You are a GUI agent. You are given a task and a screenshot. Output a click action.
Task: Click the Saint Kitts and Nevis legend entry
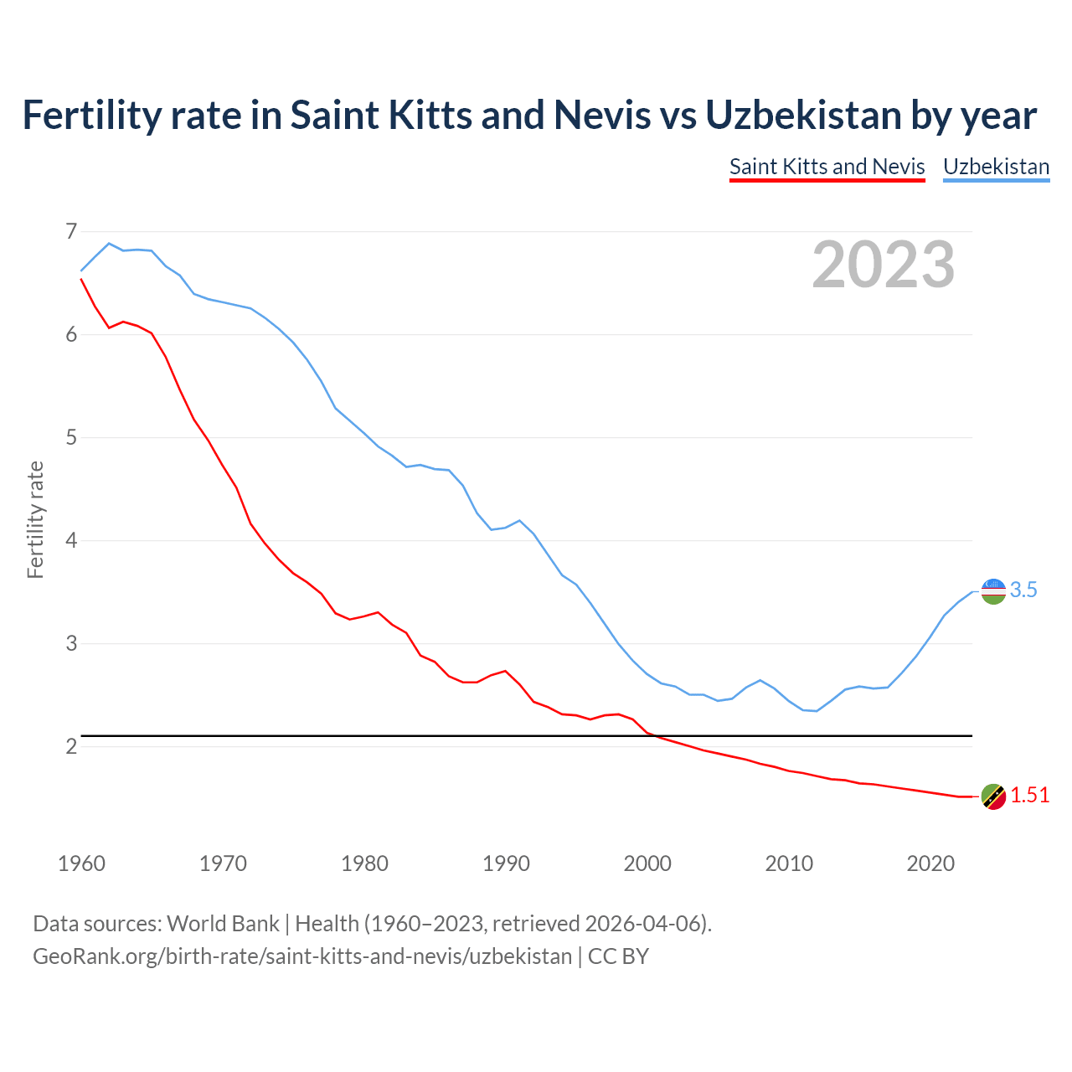[827, 167]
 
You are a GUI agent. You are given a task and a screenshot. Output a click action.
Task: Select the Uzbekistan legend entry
[996, 167]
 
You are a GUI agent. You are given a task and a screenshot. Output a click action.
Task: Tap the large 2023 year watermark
[883, 265]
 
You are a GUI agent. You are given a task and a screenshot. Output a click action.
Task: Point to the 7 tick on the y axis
[71, 231]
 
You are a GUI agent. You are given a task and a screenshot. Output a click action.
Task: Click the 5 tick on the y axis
[71, 437]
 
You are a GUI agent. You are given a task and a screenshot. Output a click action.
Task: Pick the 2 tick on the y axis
[71, 746]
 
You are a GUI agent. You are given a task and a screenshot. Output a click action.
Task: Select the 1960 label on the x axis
[81, 863]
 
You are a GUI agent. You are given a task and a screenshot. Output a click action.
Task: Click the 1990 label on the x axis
[506, 863]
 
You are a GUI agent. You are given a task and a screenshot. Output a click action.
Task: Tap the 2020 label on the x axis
[930, 863]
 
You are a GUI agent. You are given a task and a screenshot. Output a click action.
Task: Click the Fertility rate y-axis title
[35, 519]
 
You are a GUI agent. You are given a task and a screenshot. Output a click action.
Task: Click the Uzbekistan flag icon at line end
[992, 591]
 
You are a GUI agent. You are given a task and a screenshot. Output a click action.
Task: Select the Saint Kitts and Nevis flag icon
[992, 796]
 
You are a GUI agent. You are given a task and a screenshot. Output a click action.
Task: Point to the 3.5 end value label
[1023, 590]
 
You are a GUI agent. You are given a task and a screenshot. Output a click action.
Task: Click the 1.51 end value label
[1029, 796]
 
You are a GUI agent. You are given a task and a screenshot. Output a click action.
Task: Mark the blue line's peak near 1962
[109, 243]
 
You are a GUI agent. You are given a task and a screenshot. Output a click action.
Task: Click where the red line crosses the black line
[656, 736]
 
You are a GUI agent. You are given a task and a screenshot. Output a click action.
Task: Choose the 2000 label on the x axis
[647, 863]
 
